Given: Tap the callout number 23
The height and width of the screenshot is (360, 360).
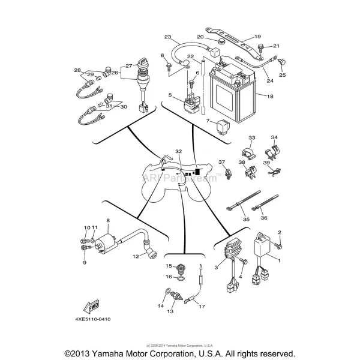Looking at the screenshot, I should [168, 37].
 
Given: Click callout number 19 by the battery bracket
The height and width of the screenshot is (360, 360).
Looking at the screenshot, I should [257, 37].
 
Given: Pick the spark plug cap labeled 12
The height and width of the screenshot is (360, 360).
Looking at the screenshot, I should [149, 254].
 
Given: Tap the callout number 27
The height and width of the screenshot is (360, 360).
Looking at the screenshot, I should [128, 66].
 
